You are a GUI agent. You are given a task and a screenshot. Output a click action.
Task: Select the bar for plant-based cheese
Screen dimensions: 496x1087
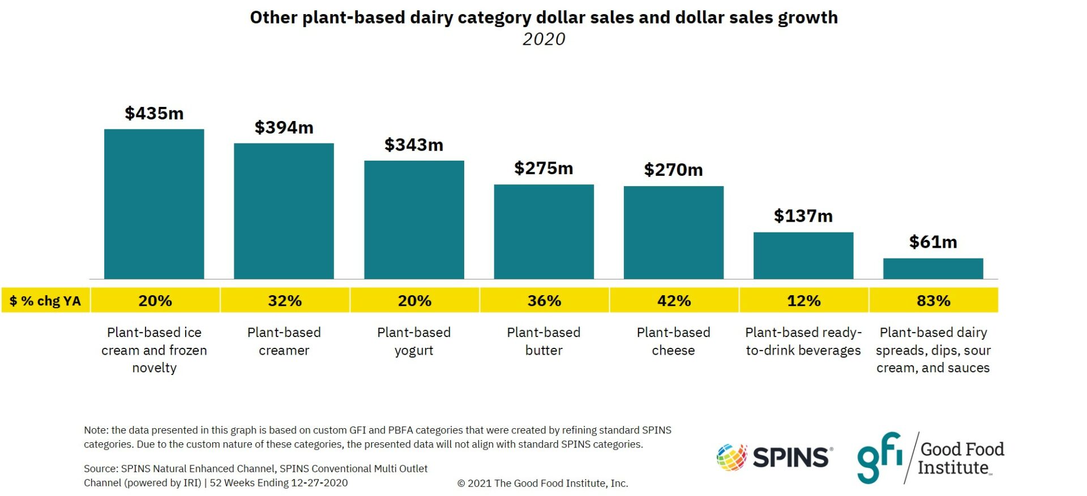pos(673,232)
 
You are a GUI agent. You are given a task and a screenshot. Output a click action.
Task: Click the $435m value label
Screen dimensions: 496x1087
pos(154,114)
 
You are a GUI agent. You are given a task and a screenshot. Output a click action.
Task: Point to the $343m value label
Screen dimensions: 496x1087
pos(414,145)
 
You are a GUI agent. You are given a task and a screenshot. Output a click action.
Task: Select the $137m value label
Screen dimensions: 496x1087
pos(803,216)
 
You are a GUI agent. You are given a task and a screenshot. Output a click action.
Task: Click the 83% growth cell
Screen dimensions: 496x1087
pos(933,300)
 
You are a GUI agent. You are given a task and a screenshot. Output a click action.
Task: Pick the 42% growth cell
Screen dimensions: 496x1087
pos(674,300)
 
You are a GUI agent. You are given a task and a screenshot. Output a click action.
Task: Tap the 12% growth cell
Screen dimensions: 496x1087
pos(803,300)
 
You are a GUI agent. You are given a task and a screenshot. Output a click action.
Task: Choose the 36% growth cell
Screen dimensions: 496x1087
pos(544,300)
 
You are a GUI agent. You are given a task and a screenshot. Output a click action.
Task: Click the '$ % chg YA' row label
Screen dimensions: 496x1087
pos(45,301)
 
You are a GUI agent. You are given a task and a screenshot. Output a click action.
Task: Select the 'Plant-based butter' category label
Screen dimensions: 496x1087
pos(543,341)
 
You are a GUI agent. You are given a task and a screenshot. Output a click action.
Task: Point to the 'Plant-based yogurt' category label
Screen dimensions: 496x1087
pos(414,341)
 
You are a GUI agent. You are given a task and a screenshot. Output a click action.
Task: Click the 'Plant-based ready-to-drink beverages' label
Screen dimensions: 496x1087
pos(803,341)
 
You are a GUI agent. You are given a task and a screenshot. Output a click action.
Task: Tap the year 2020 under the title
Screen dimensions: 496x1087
pos(543,39)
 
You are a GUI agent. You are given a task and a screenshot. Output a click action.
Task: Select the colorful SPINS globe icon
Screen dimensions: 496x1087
pos(731,457)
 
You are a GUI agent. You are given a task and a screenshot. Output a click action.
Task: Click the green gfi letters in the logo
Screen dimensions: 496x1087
pos(879,457)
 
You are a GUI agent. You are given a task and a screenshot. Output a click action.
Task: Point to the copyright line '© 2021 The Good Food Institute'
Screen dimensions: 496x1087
pos(542,483)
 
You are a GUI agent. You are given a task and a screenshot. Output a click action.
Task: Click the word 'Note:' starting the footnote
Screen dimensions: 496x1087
pos(96,430)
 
